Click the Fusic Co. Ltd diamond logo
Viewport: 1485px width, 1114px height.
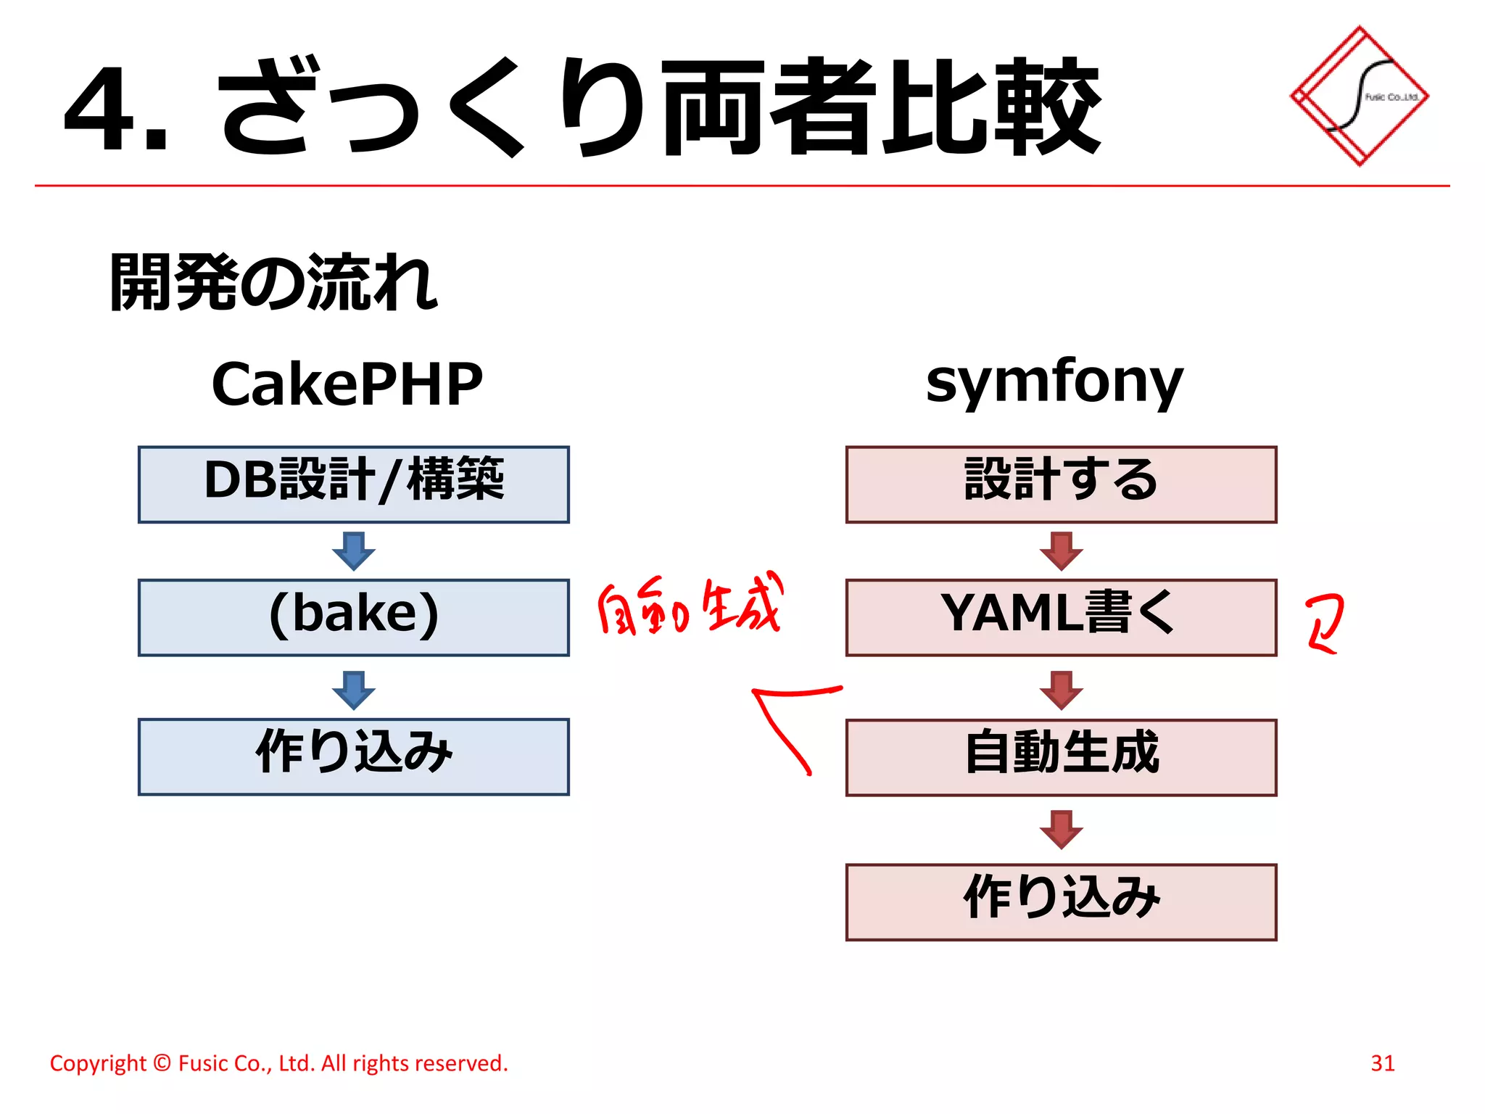click(x=1359, y=96)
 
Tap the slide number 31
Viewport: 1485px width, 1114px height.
click(x=1382, y=1063)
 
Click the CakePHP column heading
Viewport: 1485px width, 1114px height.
click(x=347, y=384)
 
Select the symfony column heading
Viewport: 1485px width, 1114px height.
click(x=1054, y=381)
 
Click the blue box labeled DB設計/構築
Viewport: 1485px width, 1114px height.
click(x=353, y=484)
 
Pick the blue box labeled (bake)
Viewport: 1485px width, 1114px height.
click(x=353, y=617)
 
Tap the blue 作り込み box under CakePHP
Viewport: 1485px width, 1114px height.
click(x=353, y=756)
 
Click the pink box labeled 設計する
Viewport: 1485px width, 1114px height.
click(x=1060, y=484)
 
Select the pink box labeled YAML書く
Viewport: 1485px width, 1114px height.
click(x=1060, y=617)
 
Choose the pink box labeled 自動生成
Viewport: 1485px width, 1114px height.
click(x=1060, y=757)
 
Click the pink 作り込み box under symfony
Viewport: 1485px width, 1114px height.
click(x=1060, y=901)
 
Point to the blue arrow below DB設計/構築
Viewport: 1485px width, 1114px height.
click(x=353, y=551)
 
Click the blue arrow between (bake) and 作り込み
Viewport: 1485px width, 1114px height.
click(x=353, y=690)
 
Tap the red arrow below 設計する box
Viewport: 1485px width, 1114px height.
click(x=1061, y=551)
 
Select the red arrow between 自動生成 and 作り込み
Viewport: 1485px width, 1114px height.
click(x=1061, y=830)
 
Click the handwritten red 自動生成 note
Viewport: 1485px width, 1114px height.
click(x=689, y=606)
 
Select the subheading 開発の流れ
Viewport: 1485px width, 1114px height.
click(x=273, y=283)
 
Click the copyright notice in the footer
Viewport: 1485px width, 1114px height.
click(x=278, y=1063)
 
